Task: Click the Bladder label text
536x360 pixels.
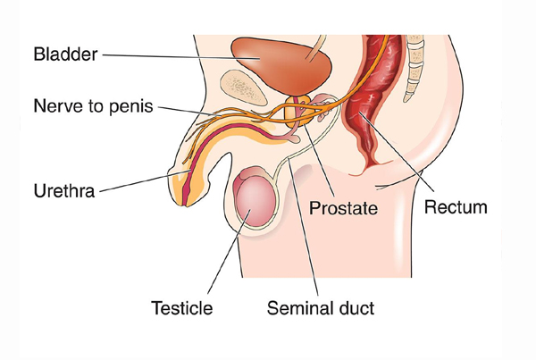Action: (x=65, y=54)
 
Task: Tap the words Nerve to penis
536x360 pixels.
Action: (x=93, y=105)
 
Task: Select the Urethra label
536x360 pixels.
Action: (x=64, y=191)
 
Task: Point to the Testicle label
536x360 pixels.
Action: (x=182, y=307)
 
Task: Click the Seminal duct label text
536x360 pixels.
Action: (x=321, y=307)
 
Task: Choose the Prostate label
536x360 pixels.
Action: (x=343, y=208)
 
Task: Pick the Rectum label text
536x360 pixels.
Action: (x=456, y=207)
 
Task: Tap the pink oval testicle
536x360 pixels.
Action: (x=255, y=202)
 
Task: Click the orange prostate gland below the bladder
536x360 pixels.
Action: (x=297, y=111)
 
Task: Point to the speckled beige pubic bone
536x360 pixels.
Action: (x=243, y=88)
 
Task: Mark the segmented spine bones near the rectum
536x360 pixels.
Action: (x=415, y=67)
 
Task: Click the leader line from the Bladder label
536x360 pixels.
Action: (x=181, y=57)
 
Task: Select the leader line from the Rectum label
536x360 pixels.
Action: (x=397, y=152)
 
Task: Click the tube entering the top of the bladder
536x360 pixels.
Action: (x=315, y=48)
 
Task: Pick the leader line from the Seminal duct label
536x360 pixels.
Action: (x=304, y=228)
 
